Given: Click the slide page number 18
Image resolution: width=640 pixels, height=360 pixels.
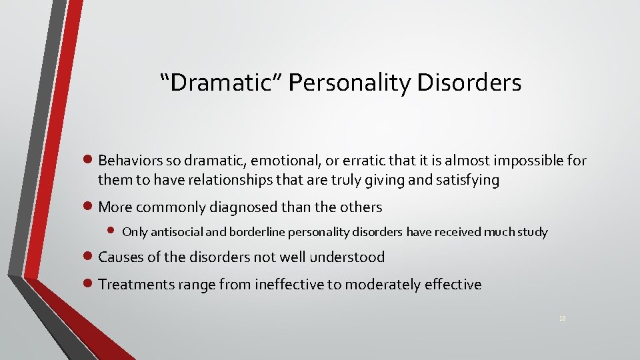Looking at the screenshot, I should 562,319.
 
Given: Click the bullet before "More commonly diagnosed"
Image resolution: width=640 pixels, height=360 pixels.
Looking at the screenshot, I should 91,207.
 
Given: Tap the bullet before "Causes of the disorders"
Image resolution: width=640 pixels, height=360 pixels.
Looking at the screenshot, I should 91,257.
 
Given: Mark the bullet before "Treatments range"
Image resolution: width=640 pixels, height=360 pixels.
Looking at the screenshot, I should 91,285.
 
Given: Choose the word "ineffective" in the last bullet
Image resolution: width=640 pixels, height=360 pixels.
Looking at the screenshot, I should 291,285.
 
